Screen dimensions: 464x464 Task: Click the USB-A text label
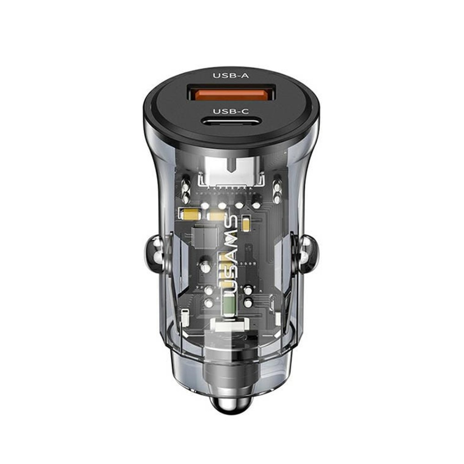pyautogui.click(x=231, y=76)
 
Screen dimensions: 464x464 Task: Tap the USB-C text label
pyautogui.click(x=231, y=111)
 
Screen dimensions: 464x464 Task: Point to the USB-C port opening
pyautogui.click(x=231, y=121)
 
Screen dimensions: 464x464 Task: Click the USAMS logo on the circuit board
pyautogui.click(x=230, y=253)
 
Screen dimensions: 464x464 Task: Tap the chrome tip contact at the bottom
pyautogui.click(x=231, y=403)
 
